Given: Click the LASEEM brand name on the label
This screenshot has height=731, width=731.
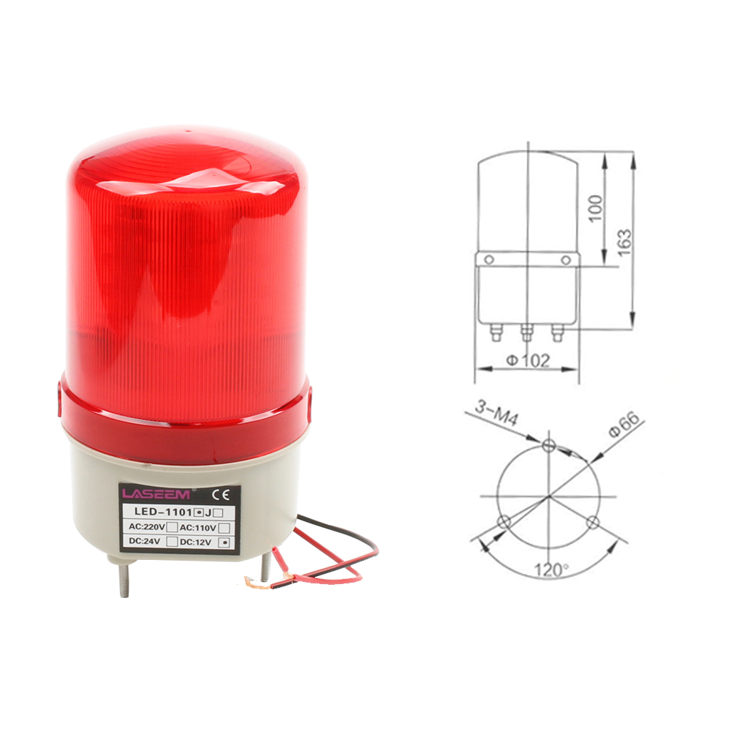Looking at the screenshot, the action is (x=156, y=494).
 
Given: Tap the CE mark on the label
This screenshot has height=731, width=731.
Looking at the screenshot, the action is (x=220, y=494).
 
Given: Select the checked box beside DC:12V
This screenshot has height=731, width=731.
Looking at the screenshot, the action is (x=226, y=542).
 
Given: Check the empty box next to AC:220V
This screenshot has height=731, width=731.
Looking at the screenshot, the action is (x=172, y=527).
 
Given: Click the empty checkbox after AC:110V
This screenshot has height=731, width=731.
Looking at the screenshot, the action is (x=224, y=528).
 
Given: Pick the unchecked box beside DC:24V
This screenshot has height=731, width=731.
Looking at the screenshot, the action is (x=172, y=542).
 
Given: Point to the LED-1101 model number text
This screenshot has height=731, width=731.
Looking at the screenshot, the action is (x=163, y=512).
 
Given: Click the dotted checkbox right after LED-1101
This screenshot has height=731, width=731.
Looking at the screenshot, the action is (x=199, y=512).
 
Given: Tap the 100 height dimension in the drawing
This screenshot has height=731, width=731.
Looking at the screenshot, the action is (x=595, y=208).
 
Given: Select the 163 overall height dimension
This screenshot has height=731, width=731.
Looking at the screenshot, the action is (x=624, y=242).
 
